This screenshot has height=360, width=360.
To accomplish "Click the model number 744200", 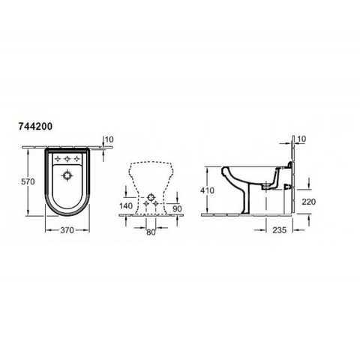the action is [x=35, y=127].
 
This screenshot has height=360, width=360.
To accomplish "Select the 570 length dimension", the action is [x=28, y=181].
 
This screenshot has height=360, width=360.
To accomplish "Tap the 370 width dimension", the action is [x=67, y=230].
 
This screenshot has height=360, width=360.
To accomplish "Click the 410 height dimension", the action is [x=207, y=190].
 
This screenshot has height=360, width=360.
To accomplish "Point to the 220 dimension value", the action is [x=309, y=202].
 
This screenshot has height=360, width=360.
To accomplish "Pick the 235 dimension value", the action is [x=279, y=230].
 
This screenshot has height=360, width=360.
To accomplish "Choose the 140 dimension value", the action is [x=126, y=205].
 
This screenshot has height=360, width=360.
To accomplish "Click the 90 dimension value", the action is [x=177, y=208].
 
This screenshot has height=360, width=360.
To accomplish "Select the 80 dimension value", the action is [x=151, y=232].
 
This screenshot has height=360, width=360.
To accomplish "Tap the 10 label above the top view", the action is [x=109, y=139].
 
